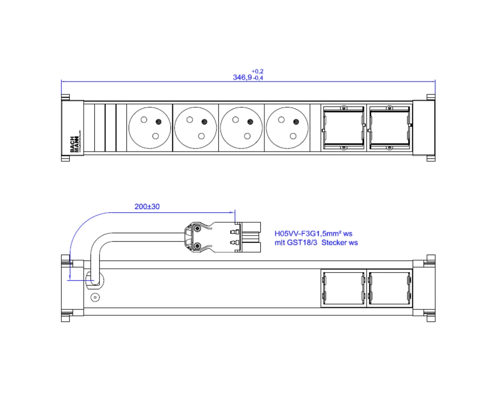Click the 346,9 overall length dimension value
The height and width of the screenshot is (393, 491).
coord(242,78)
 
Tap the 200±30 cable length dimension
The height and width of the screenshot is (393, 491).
coord(147,207)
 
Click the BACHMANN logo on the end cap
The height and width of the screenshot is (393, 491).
coord(75,144)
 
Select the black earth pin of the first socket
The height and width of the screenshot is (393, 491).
coord(159,122)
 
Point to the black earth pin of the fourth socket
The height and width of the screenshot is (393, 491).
coord(296,122)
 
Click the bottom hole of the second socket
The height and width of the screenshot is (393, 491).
coord(201,136)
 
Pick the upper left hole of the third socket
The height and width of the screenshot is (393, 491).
coord(236,119)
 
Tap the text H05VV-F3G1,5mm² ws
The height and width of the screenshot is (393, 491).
coord(313,233)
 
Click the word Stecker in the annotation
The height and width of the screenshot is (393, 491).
coord(333,243)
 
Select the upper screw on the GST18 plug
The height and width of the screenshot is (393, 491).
coord(197,229)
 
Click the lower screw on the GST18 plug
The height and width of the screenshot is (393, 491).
coord(197,246)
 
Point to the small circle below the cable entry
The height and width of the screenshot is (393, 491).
coord(95,297)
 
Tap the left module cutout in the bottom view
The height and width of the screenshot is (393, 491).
coord(344,288)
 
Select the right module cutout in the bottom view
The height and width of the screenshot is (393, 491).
coord(389,288)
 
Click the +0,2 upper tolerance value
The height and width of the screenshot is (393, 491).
coord(257,71)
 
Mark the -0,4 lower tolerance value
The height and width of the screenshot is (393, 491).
coord(258,78)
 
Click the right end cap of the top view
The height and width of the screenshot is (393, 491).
coord(424,128)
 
